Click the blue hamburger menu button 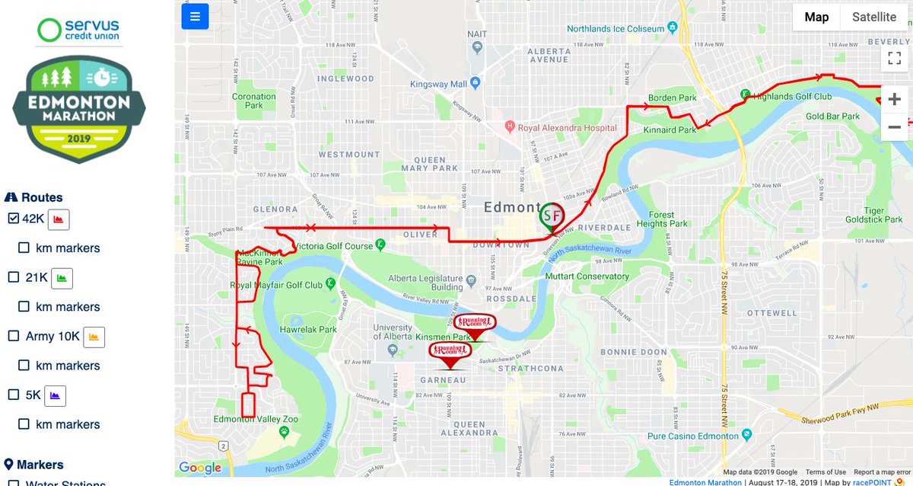point(195,17)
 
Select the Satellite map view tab point(873,17)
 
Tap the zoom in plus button point(894,99)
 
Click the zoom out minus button point(894,127)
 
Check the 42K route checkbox point(13,219)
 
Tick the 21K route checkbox point(13,277)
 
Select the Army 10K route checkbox point(13,336)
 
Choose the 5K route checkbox point(13,395)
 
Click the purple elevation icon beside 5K point(56,395)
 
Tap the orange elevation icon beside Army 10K point(94,337)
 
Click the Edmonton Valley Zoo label point(256,419)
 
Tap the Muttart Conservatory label point(591,277)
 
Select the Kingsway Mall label point(438,84)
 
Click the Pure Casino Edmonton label point(692,436)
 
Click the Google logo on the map point(200,468)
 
